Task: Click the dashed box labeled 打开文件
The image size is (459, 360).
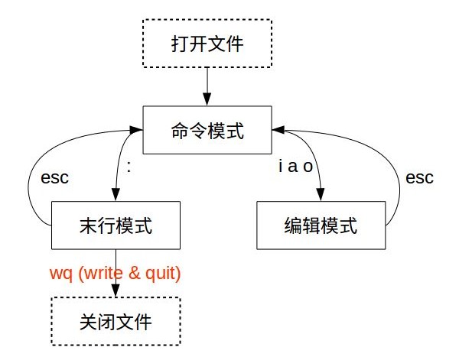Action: click(207, 43)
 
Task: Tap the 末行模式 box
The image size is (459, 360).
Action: click(115, 225)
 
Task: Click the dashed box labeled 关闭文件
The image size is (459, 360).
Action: click(115, 321)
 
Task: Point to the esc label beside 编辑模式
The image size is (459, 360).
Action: click(419, 178)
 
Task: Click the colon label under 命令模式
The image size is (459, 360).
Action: click(129, 166)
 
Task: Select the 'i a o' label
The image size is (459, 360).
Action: click(295, 167)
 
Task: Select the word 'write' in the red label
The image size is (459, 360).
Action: click(107, 271)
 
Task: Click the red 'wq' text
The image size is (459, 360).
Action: click(59, 271)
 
